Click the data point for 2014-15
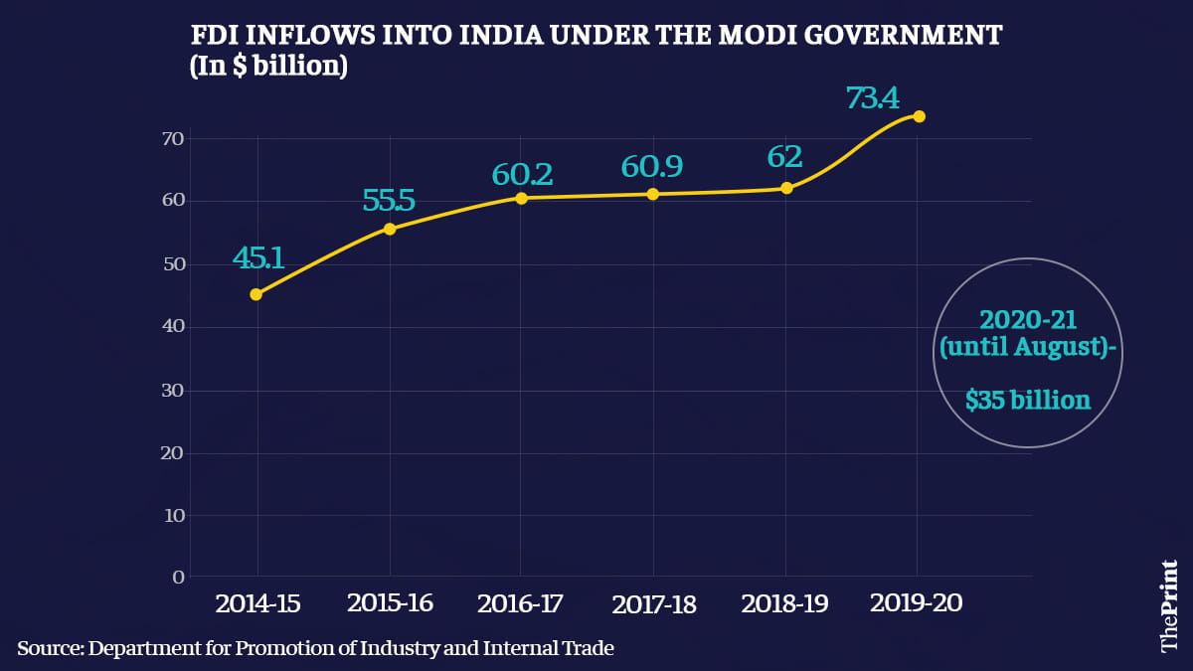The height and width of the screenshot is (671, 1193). [256, 294]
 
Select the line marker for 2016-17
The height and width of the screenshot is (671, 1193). [521, 198]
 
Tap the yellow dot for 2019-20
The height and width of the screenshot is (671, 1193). [919, 116]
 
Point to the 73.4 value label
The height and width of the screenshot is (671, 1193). [872, 98]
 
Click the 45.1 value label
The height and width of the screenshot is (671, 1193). [258, 258]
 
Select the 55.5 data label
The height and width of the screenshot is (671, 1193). [389, 201]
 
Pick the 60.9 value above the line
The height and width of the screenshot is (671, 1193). [651, 166]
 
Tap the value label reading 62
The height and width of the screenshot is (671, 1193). [784, 157]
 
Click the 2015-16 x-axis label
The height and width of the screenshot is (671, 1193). [390, 603]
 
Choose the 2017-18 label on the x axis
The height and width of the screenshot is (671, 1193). [654, 604]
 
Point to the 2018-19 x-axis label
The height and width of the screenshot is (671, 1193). [784, 604]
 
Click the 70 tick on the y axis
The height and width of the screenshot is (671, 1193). [173, 138]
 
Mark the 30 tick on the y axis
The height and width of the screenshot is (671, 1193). [173, 391]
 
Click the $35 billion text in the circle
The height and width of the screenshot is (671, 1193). [1028, 401]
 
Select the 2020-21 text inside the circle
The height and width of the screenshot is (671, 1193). [1028, 320]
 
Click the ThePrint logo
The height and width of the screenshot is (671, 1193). [1169, 605]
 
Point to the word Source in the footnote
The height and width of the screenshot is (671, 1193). [48, 649]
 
